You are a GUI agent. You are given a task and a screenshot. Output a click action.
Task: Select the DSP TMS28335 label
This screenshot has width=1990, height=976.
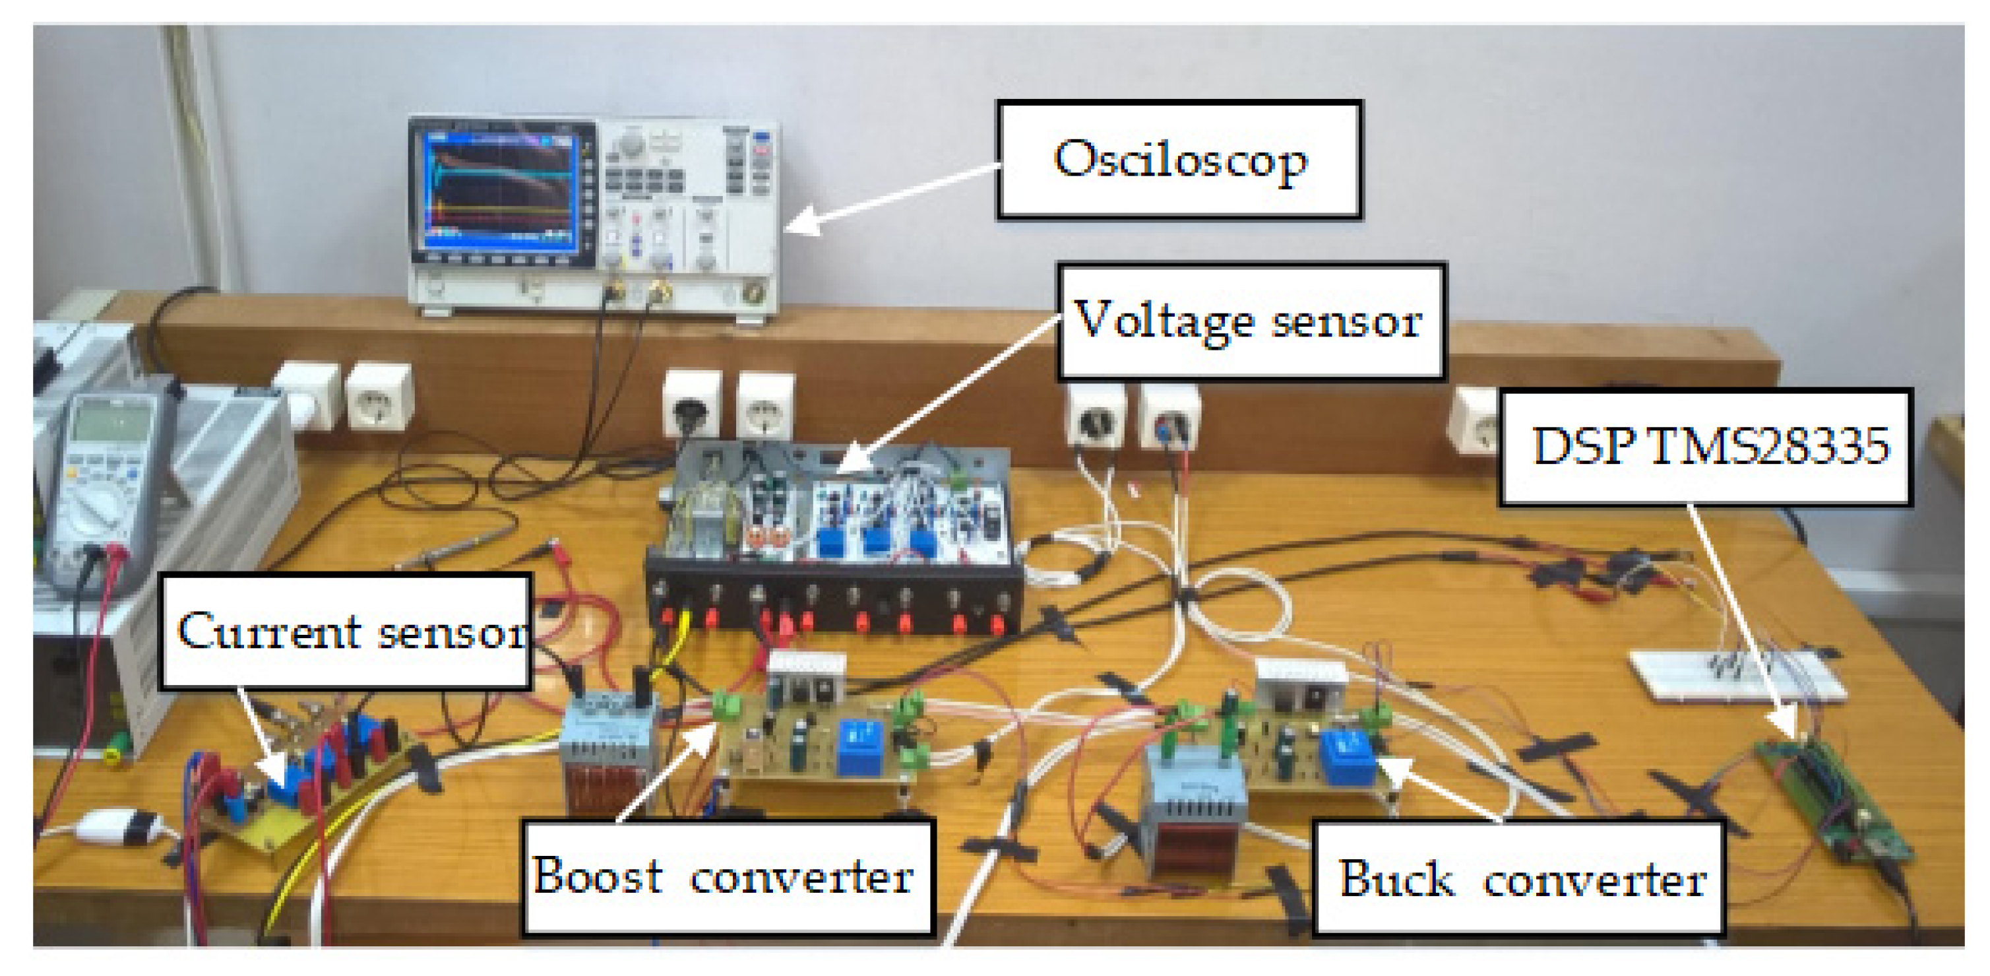[1706, 447]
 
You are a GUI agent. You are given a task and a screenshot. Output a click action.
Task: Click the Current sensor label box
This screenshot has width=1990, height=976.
[346, 632]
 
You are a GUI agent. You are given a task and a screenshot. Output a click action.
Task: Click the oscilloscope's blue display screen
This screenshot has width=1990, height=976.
[497, 191]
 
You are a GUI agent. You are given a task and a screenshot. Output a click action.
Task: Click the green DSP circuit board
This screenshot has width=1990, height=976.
[1832, 800]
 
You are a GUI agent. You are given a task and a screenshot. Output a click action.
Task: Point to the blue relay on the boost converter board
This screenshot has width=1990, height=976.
[858, 746]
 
